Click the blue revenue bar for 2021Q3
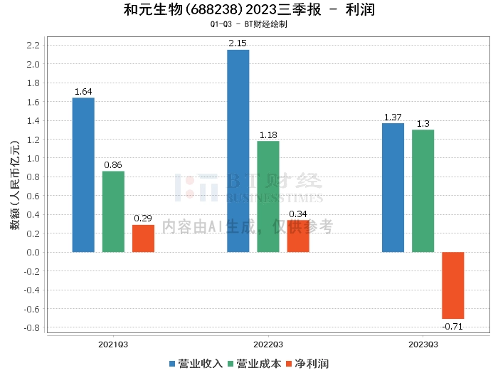(x=83, y=174)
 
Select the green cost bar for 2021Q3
(x=113, y=211)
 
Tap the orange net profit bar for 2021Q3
(x=143, y=238)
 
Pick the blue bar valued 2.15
(x=238, y=150)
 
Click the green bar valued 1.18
(x=268, y=196)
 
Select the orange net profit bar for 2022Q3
(x=298, y=236)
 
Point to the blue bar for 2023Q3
(x=393, y=187)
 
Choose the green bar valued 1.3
(x=423, y=191)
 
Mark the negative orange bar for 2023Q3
(x=452, y=285)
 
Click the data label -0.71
(x=452, y=326)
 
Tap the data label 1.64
(x=83, y=92)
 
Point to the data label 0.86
(x=113, y=165)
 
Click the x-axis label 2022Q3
(x=268, y=344)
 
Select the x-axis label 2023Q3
(x=423, y=344)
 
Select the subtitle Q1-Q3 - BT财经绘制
(x=248, y=24)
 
